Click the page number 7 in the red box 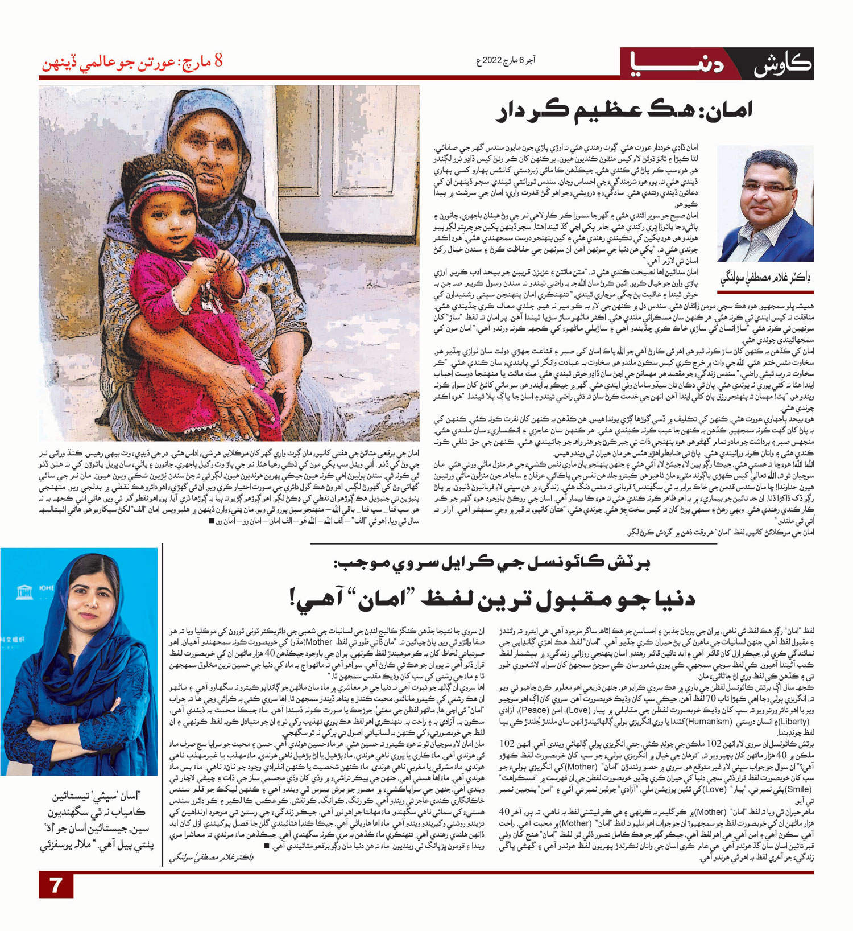click(56, 885)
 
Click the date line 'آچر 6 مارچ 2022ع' click(506, 60)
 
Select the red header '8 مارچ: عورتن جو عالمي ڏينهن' click(132, 63)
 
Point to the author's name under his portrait click(765, 278)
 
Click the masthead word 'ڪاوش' click(781, 64)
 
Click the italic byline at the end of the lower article click(211, 857)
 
